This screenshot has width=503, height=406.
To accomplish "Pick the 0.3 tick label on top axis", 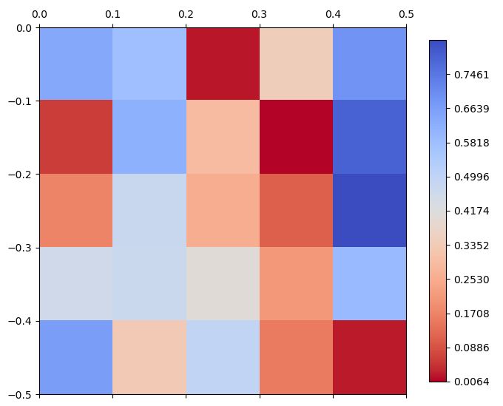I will [x=259, y=14].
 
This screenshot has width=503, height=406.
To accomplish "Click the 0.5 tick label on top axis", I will [x=406, y=14].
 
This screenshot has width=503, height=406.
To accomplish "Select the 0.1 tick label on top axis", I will [x=112, y=14].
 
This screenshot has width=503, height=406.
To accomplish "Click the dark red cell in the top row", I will [x=223, y=64].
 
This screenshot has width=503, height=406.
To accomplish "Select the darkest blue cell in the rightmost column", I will [x=369, y=211].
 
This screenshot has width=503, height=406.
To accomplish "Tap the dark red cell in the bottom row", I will [x=369, y=357].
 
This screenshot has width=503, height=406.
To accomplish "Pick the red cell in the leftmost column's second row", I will [x=76, y=138].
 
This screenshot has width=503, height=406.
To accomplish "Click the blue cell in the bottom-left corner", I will [x=76, y=357].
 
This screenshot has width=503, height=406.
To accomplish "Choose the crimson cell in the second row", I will [x=296, y=138].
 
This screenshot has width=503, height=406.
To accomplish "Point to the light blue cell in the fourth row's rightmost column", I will [x=369, y=284].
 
